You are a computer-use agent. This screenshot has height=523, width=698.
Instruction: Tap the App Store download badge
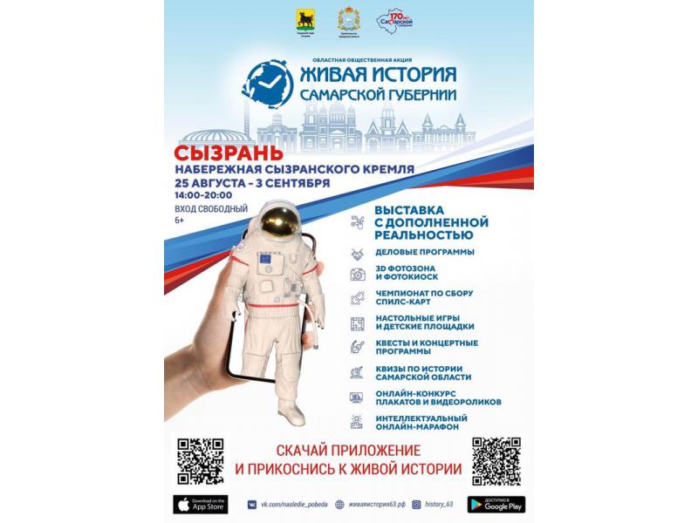(x=200, y=504)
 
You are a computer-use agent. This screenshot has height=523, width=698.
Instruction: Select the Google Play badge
(x=496, y=504)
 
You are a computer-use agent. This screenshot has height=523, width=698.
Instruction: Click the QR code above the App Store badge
(x=200, y=460)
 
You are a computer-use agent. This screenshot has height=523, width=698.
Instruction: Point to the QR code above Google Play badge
(x=495, y=460)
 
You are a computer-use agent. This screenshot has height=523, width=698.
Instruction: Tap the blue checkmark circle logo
(x=269, y=84)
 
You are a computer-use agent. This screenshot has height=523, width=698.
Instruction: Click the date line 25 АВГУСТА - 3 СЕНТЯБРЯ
(x=251, y=183)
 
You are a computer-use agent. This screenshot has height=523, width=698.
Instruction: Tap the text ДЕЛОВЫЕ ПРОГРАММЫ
(x=424, y=252)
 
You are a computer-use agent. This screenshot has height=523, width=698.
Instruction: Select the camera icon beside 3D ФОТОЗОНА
(x=357, y=275)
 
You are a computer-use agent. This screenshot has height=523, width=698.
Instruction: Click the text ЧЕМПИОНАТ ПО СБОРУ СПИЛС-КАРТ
(x=424, y=297)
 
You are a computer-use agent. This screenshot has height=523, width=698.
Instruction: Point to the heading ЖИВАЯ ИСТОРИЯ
(x=378, y=71)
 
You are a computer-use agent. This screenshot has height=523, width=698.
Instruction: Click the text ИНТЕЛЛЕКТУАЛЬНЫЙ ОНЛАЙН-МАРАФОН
(x=421, y=422)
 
